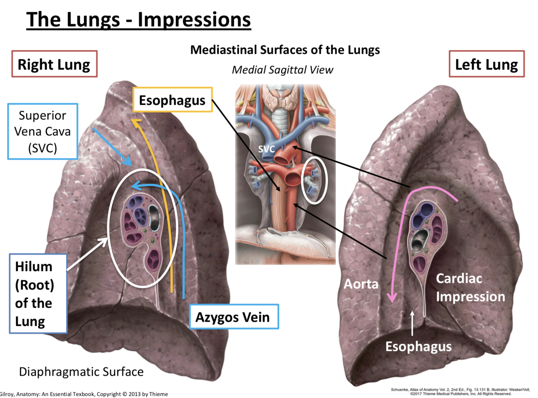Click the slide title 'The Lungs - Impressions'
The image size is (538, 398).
[138, 19]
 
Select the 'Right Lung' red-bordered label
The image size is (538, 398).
[54, 64]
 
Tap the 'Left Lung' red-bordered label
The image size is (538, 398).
[486, 64]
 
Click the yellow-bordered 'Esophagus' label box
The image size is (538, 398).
[172, 100]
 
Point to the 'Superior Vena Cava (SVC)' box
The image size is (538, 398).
[42, 131]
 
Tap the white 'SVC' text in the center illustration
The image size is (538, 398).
[267, 149]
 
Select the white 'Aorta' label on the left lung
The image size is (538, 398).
[361, 284]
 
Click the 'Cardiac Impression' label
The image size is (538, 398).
[470, 287]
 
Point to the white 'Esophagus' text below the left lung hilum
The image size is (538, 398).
[418, 346]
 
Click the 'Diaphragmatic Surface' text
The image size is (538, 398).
[81, 371]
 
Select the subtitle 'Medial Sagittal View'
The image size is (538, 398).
[282, 70]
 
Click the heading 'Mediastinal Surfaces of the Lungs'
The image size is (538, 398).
[285, 50]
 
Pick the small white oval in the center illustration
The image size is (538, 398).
[314, 180]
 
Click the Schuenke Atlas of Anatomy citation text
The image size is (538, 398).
[460, 392]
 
